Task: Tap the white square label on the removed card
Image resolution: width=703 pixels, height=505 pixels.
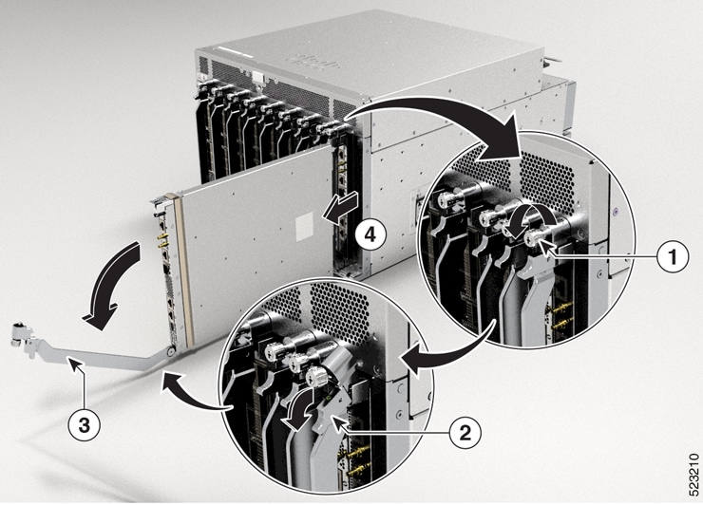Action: (x=306, y=224)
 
